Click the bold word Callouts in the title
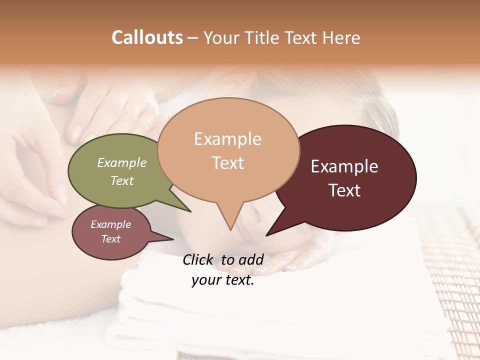[147, 37]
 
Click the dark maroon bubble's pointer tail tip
[267, 235]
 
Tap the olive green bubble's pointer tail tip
[190, 211]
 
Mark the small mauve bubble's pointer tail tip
[173, 239]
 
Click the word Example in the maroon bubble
[344, 166]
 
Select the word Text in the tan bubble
[228, 163]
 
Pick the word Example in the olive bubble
[122, 162]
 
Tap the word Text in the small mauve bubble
[110, 239]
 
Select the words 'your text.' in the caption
[223, 280]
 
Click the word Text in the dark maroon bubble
[344, 190]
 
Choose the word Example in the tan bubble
[228, 139]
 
